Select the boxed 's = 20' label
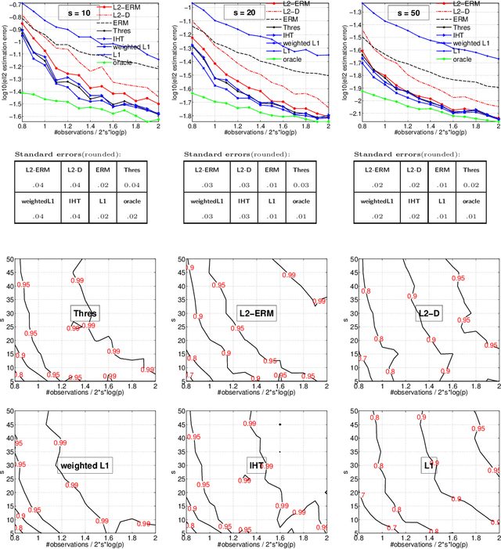260,14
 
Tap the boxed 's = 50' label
428,14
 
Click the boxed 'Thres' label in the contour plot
85,314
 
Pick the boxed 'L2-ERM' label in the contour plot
257,314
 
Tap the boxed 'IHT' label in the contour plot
257,464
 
